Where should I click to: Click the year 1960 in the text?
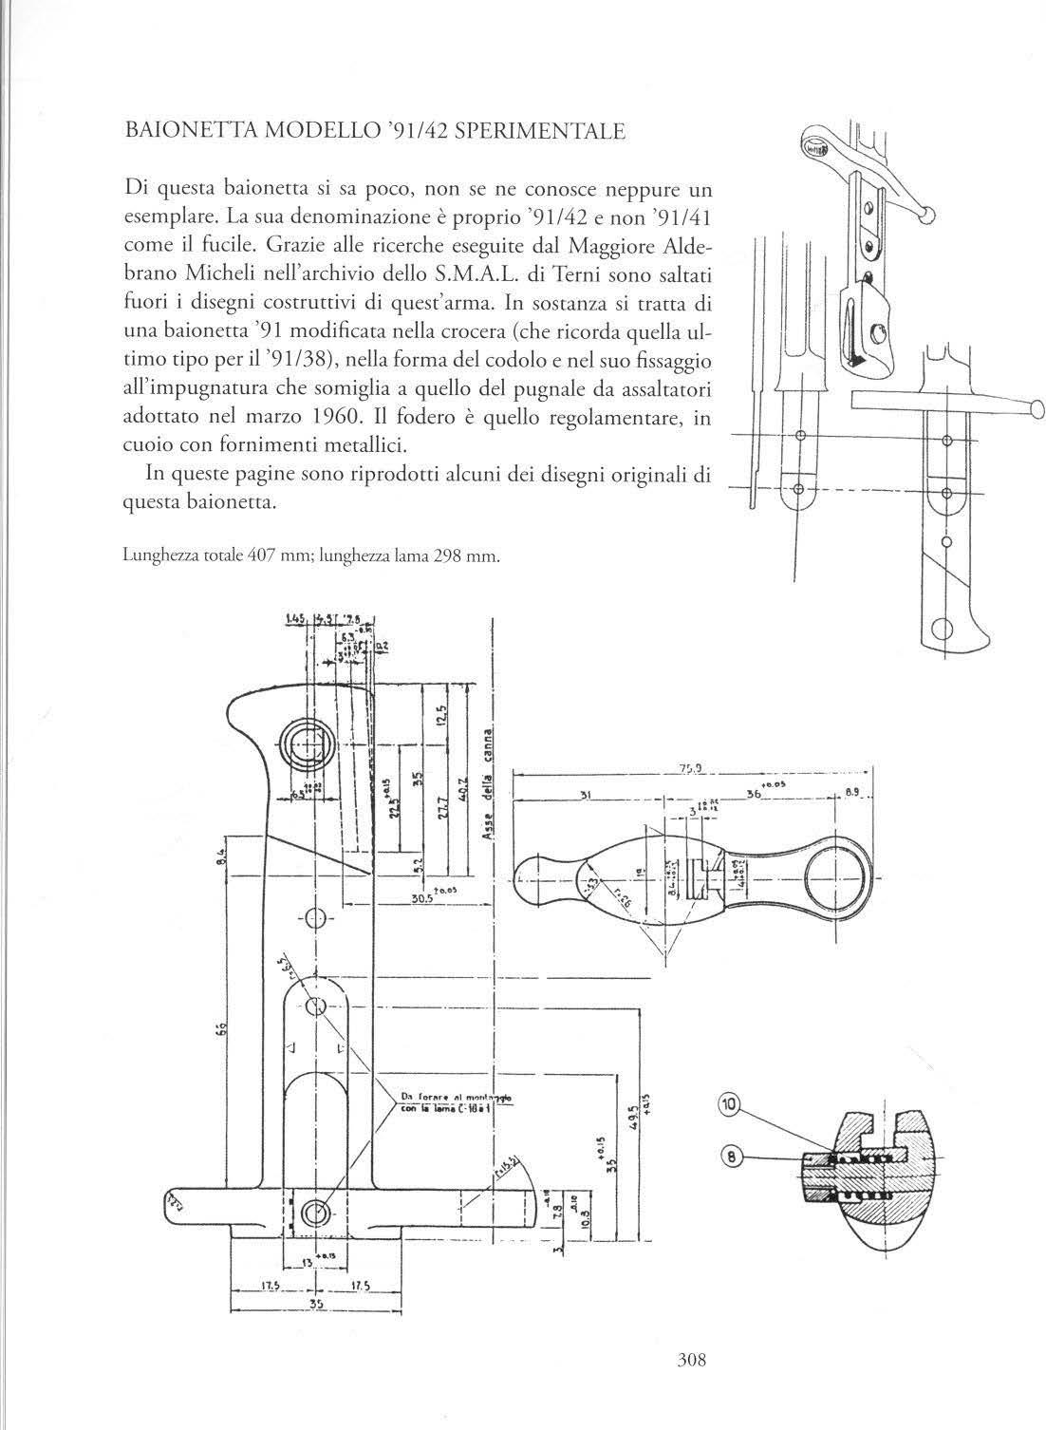coord(332,416)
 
